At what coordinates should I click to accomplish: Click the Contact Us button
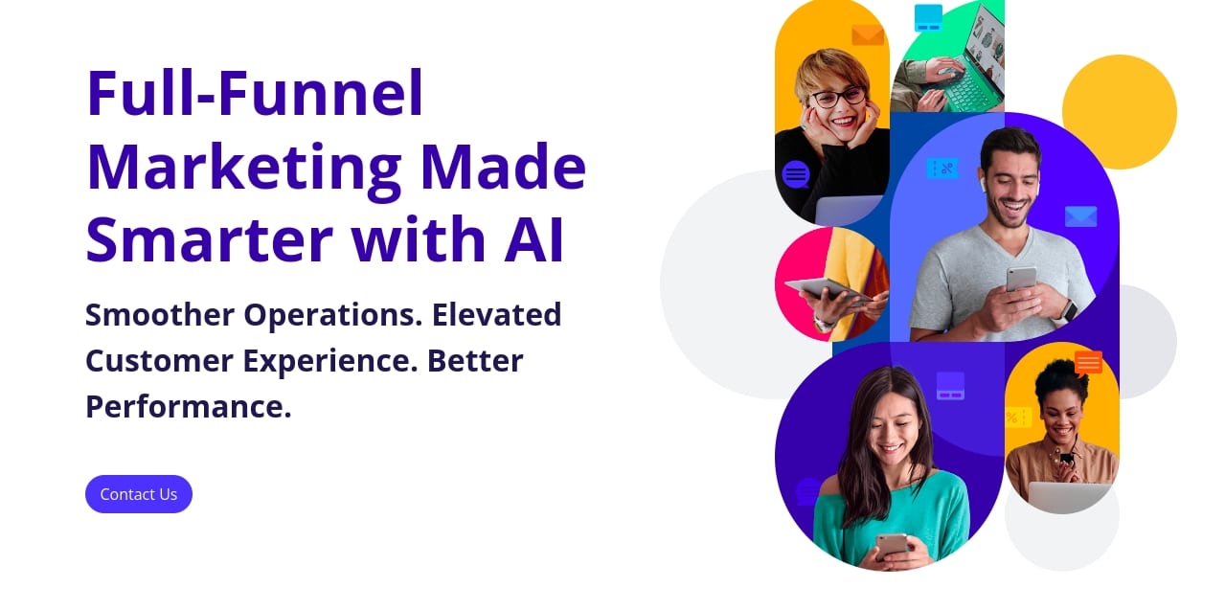[x=138, y=493]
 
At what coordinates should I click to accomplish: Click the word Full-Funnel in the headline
[x=255, y=92]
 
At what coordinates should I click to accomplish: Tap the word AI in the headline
[x=533, y=238]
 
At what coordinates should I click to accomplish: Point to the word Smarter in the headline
[x=210, y=238]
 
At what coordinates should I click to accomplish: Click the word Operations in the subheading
[x=332, y=316]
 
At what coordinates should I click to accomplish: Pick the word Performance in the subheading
[x=188, y=407]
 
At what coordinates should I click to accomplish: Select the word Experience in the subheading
[x=329, y=362]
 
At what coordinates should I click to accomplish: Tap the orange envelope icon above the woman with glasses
[x=868, y=35]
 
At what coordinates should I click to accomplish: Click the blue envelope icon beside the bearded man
[x=1080, y=216]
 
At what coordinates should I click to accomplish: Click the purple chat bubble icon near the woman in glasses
[x=796, y=175]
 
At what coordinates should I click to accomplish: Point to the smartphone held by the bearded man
[x=1022, y=280]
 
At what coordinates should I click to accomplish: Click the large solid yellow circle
[x=1120, y=112]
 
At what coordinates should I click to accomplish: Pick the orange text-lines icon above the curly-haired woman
[x=1088, y=362]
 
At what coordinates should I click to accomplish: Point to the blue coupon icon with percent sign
[x=942, y=169]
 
